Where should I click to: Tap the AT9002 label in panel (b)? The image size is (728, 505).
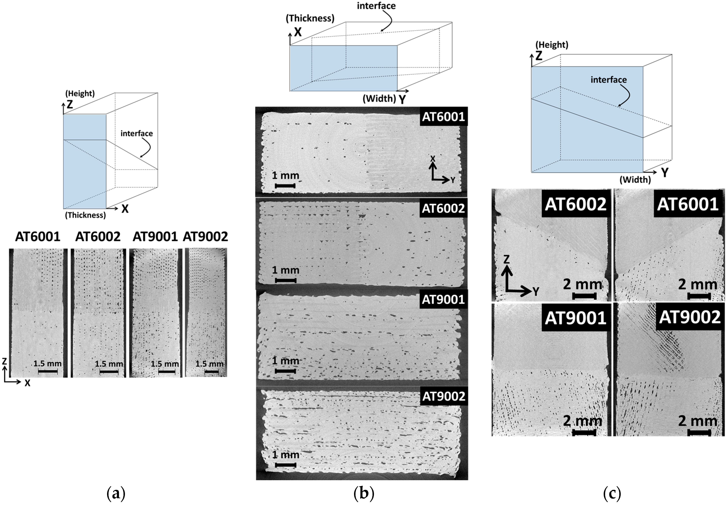point(444,396)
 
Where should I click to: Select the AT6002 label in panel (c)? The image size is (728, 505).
point(575,204)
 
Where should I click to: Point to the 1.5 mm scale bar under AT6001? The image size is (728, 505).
point(48,371)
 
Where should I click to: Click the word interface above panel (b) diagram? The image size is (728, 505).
point(376,6)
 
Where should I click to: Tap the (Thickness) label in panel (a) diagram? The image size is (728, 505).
point(86,215)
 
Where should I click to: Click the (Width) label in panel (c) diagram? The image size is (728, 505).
point(635,180)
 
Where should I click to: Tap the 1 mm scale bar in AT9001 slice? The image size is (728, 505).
point(285,371)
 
